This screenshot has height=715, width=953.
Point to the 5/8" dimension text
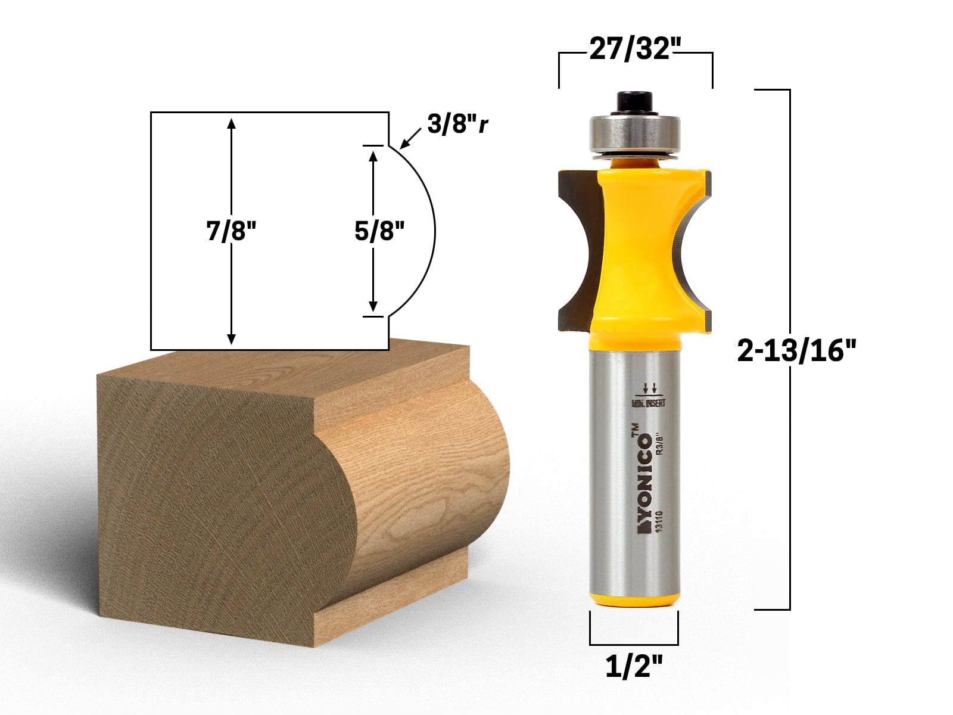coord(379,231)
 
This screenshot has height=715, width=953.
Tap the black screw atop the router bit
coord(633,102)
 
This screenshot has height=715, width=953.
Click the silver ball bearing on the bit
coord(634,132)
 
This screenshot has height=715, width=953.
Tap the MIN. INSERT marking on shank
coord(649,403)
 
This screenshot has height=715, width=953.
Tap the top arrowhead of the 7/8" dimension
coord(231,123)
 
